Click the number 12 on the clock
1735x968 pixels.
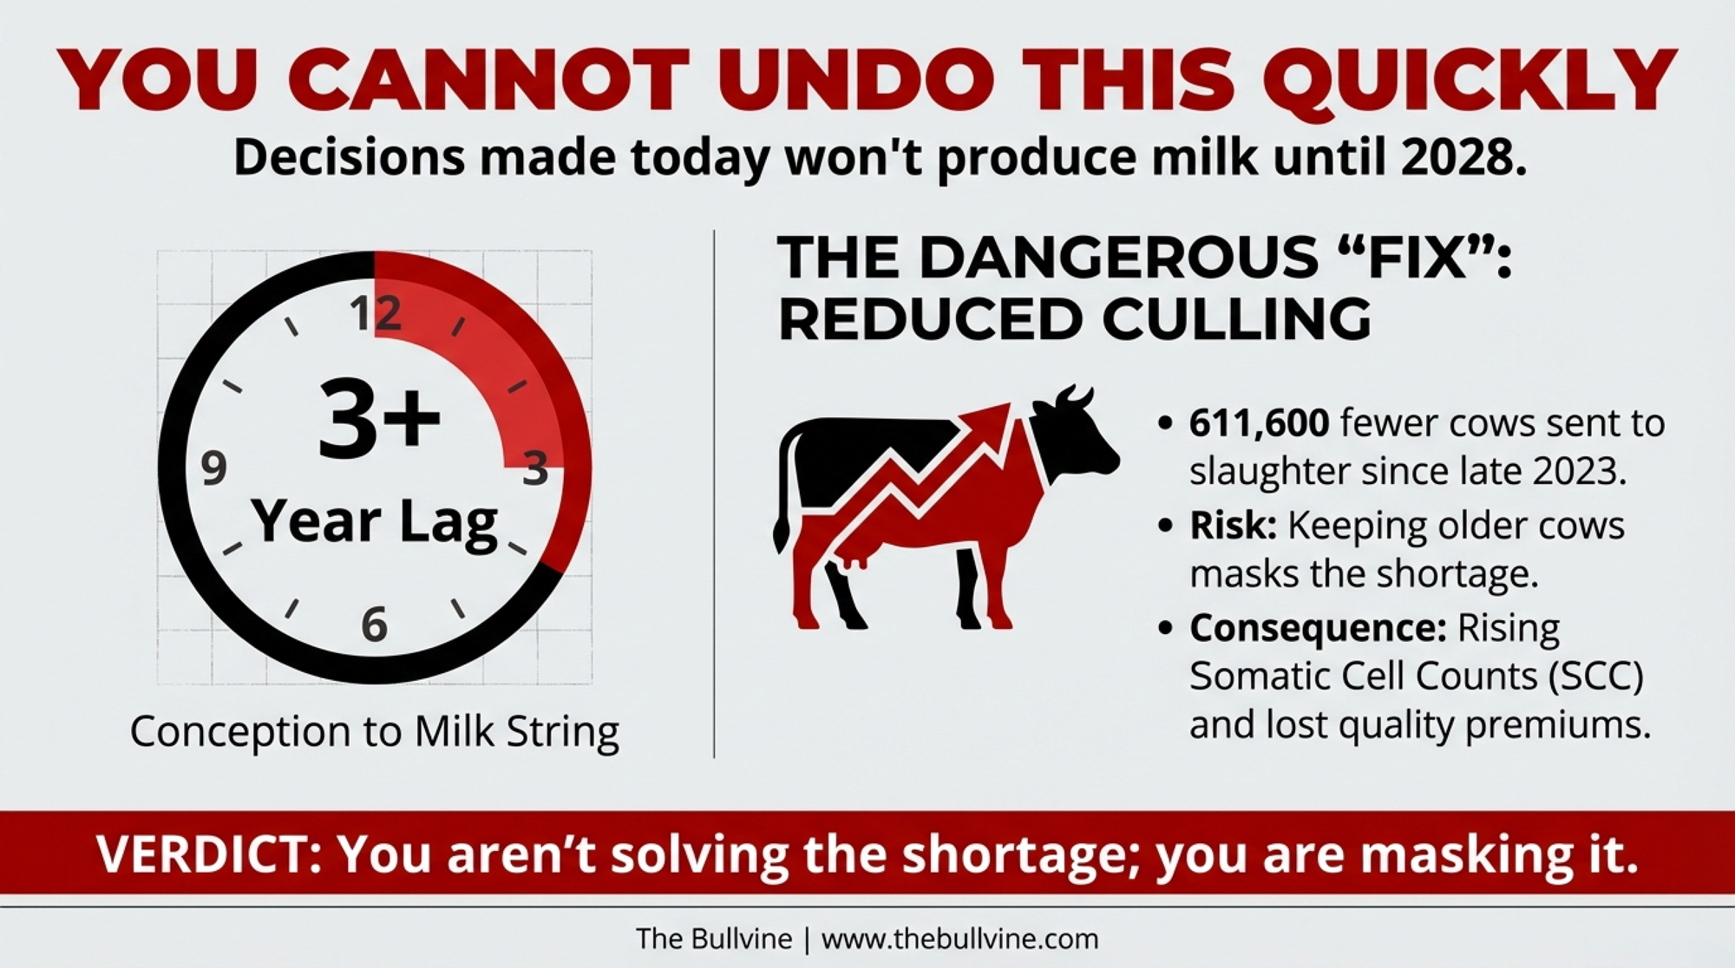[376, 312]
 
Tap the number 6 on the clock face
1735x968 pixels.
[374, 624]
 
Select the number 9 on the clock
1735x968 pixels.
[213, 468]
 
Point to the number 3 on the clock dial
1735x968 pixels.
[535, 469]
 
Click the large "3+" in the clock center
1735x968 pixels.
[380, 420]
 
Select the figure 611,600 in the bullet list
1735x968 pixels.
[1259, 423]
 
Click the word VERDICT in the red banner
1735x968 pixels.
[208, 854]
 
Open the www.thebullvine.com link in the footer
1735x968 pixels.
[959, 939]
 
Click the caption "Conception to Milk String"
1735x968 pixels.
[375, 731]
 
